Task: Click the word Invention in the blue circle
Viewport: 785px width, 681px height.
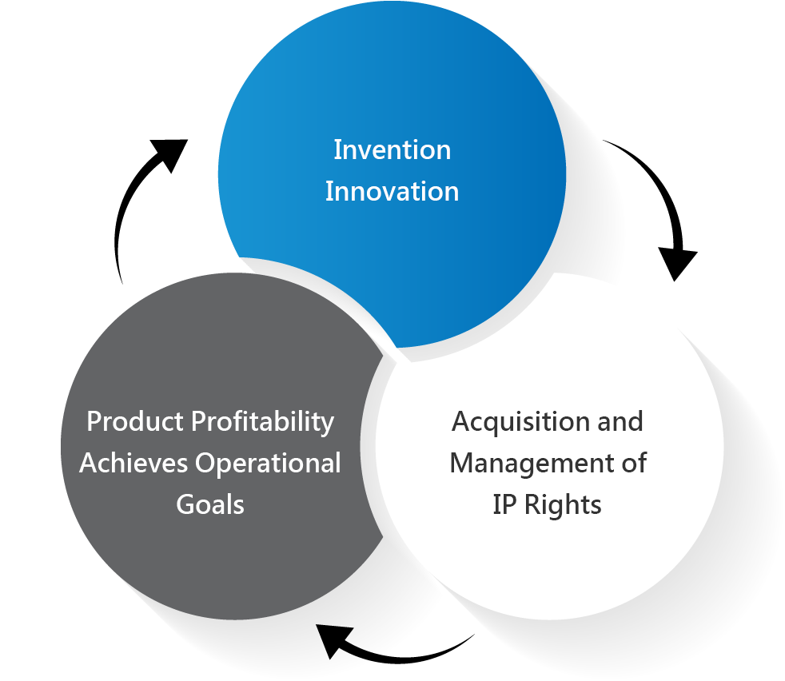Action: (x=392, y=149)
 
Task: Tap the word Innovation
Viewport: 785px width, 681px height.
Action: (x=392, y=191)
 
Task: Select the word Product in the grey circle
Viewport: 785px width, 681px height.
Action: (x=135, y=421)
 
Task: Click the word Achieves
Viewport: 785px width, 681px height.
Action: (x=133, y=463)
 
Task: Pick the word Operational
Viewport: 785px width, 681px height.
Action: (x=268, y=463)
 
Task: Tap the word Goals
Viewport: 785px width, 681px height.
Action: (x=210, y=504)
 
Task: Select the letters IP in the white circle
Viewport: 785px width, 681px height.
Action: (x=504, y=504)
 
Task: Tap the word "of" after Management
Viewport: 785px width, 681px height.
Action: (x=634, y=463)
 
